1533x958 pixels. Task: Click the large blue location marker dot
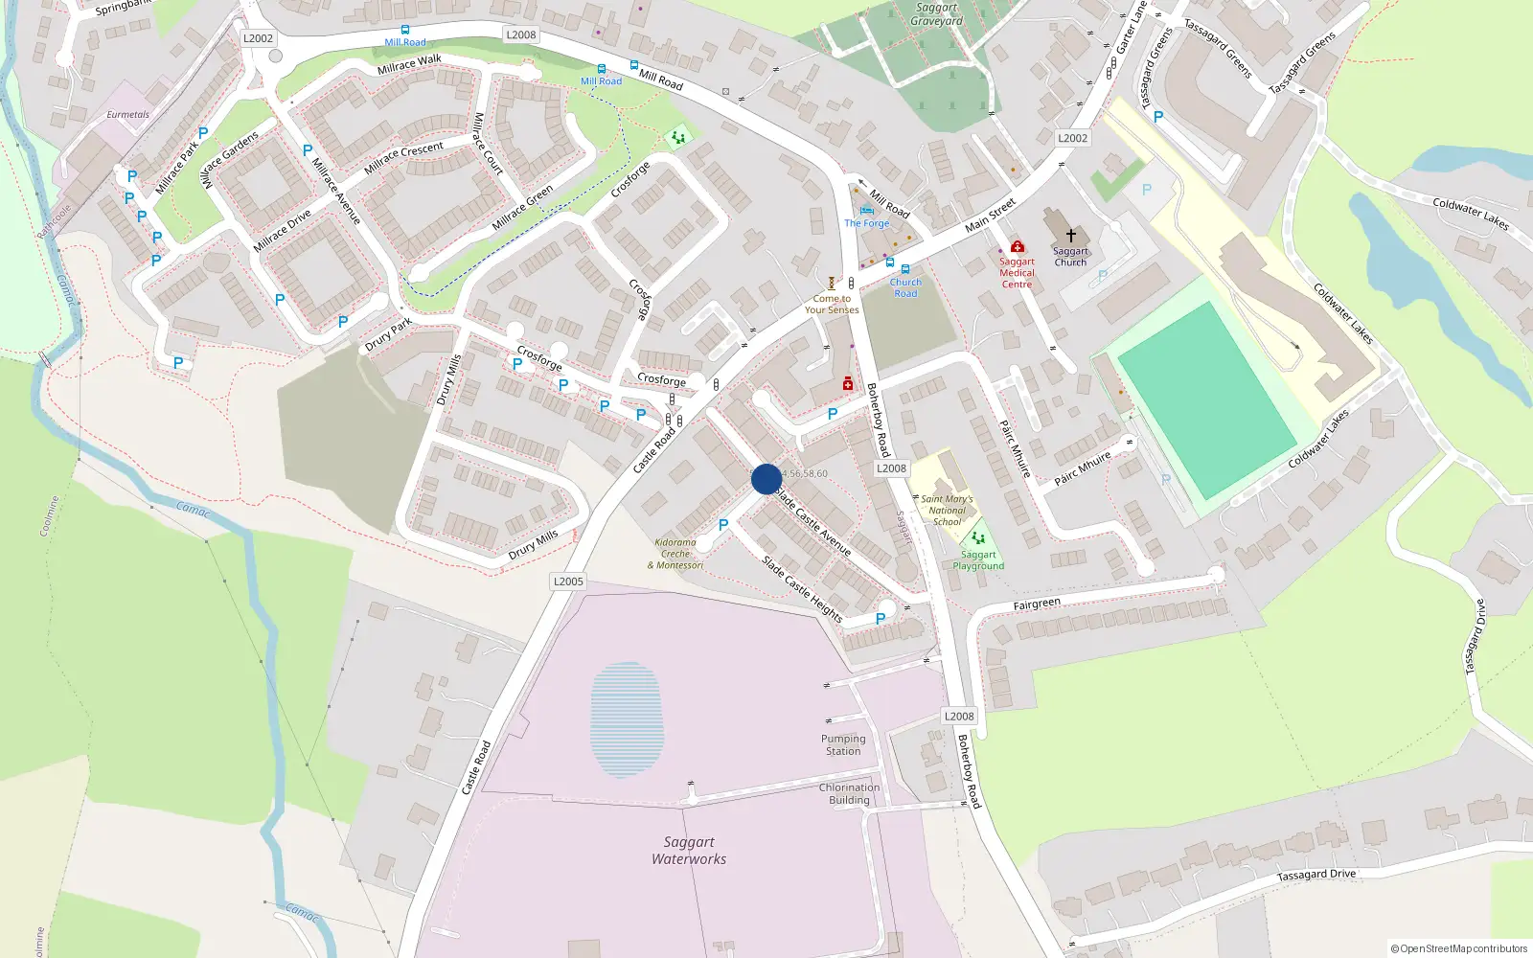click(766, 479)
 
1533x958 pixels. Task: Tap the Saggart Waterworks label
click(689, 851)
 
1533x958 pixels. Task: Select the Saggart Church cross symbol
click(1070, 235)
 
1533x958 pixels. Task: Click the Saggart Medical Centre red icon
click(1018, 247)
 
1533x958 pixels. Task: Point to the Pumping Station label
click(843, 745)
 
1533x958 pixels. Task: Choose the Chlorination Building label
click(849, 794)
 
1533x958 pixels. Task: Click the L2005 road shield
click(568, 582)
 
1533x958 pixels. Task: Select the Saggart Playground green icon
click(977, 538)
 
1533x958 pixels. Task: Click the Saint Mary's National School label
click(947, 511)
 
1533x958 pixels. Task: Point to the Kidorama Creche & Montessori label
click(675, 554)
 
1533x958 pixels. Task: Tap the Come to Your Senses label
click(832, 305)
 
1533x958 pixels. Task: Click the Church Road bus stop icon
click(905, 270)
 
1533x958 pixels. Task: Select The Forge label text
click(867, 223)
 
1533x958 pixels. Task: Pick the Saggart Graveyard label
click(937, 14)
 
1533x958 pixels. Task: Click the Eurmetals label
click(127, 115)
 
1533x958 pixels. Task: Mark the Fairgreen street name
click(1037, 604)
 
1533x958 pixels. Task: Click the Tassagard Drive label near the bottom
click(1316, 875)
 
